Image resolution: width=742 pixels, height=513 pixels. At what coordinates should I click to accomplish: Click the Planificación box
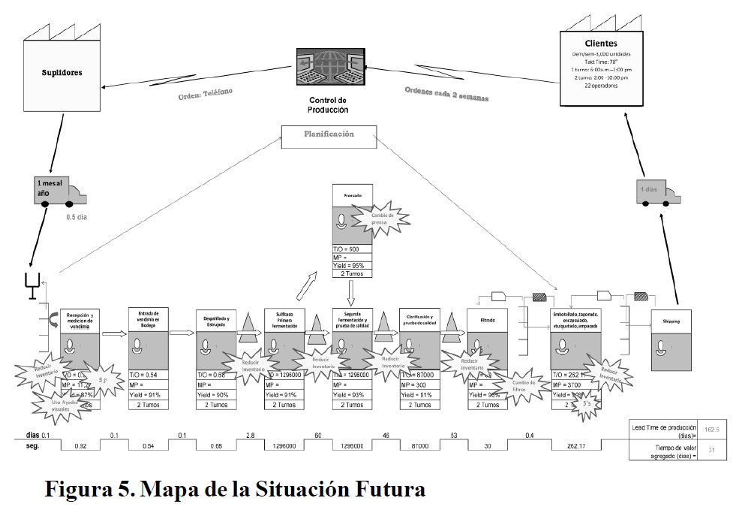328,134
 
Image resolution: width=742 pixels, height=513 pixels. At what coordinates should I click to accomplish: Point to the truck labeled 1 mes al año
61,192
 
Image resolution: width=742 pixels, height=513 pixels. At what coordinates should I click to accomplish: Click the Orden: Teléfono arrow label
206,94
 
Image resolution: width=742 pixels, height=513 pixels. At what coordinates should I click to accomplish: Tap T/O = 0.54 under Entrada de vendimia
149,375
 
